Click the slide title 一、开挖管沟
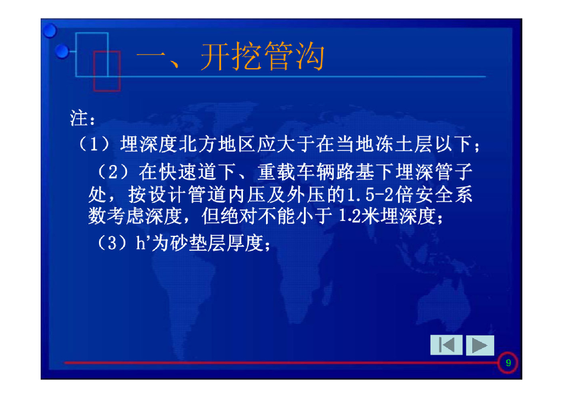coord(230,57)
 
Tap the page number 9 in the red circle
coord(508,363)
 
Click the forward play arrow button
coord(479,345)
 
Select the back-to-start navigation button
coord(446,345)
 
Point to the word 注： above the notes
coord(83,118)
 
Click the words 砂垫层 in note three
coord(189,242)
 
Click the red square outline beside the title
coord(107,71)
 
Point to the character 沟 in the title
coord(308,57)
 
